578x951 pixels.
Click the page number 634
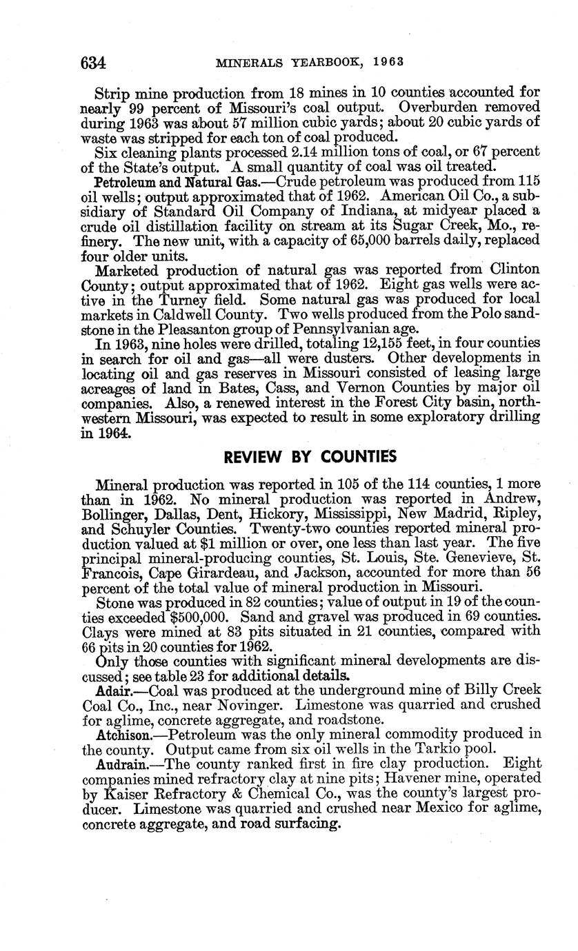(93, 63)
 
